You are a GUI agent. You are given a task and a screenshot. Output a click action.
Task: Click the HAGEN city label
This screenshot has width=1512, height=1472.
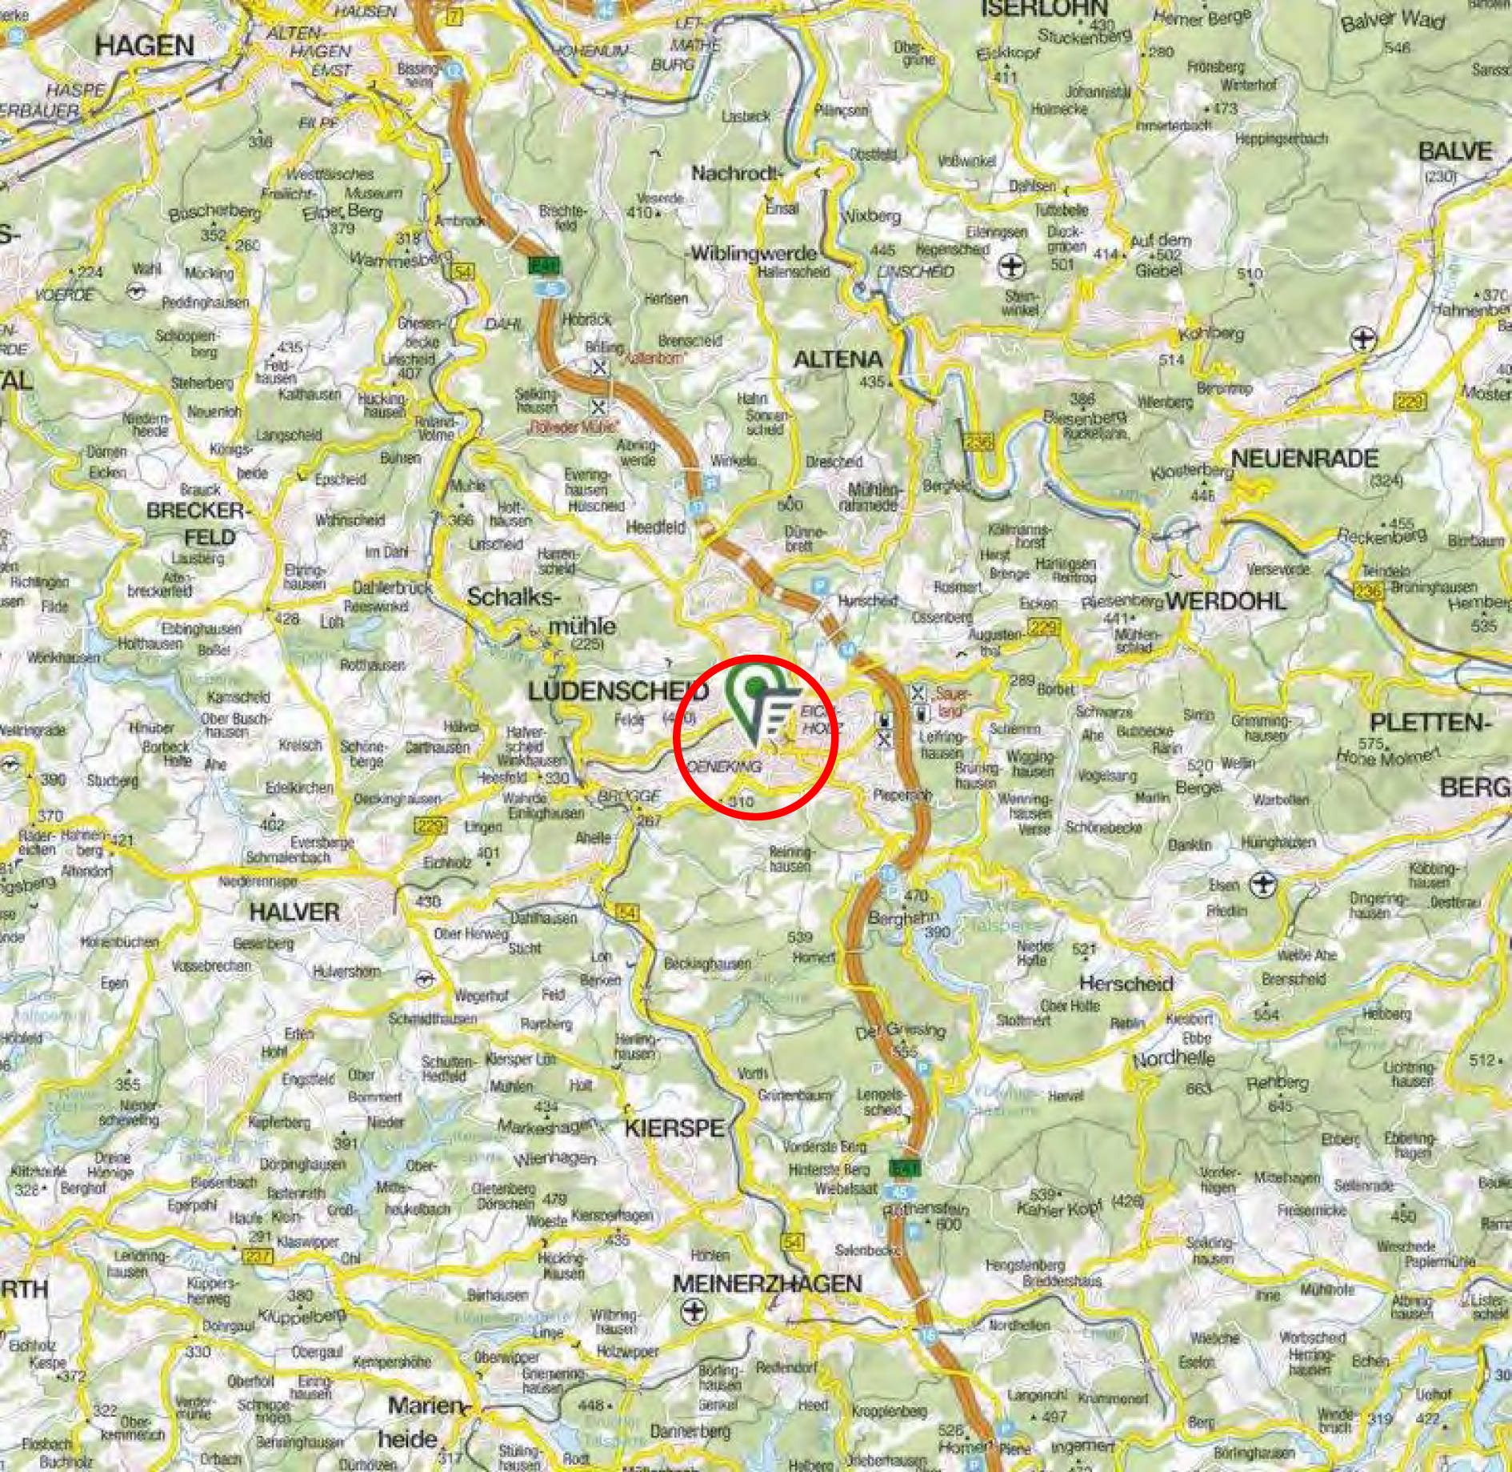click(144, 46)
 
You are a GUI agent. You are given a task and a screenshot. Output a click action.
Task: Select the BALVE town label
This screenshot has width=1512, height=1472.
click(1455, 151)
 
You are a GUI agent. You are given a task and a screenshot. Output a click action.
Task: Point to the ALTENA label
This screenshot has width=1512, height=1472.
click(838, 359)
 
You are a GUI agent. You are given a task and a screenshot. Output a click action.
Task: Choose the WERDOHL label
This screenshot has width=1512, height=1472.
click(1226, 600)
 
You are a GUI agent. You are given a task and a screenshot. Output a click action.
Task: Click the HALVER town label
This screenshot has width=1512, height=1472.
click(294, 911)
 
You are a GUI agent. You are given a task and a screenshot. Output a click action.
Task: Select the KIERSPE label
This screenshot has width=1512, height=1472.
click(674, 1129)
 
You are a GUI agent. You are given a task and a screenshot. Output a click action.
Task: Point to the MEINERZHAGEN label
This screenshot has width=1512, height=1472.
click(767, 1284)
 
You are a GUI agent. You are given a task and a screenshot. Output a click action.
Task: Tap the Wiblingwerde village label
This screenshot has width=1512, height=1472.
click(754, 254)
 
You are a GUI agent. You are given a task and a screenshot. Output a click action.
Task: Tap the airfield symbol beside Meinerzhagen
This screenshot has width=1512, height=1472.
click(693, 1310)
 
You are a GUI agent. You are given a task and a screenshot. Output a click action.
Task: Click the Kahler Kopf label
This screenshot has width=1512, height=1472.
click(1059, 1209)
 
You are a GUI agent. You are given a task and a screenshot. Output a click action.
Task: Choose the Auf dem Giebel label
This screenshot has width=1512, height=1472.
click(1160, 255)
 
